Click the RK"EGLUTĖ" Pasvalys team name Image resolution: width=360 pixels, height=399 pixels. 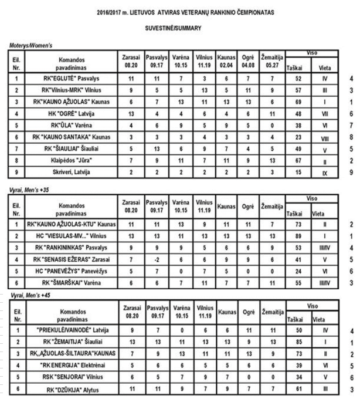72,77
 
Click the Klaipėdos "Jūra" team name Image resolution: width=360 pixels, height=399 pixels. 72,159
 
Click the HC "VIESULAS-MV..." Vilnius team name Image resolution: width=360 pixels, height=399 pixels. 72,235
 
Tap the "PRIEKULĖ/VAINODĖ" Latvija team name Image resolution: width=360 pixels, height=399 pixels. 72,332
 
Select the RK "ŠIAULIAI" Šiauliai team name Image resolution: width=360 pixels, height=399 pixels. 72,148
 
